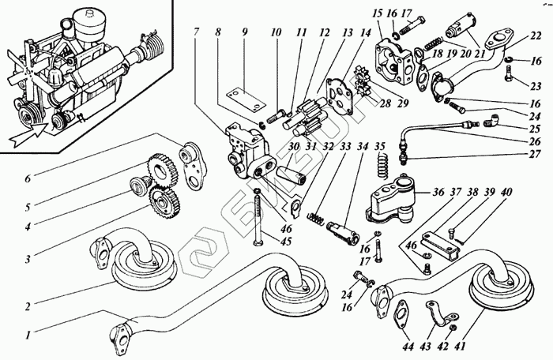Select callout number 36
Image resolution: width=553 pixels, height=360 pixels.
(x=438, y=191)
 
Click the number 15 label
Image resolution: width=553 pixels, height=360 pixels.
(x=376, y=15)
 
